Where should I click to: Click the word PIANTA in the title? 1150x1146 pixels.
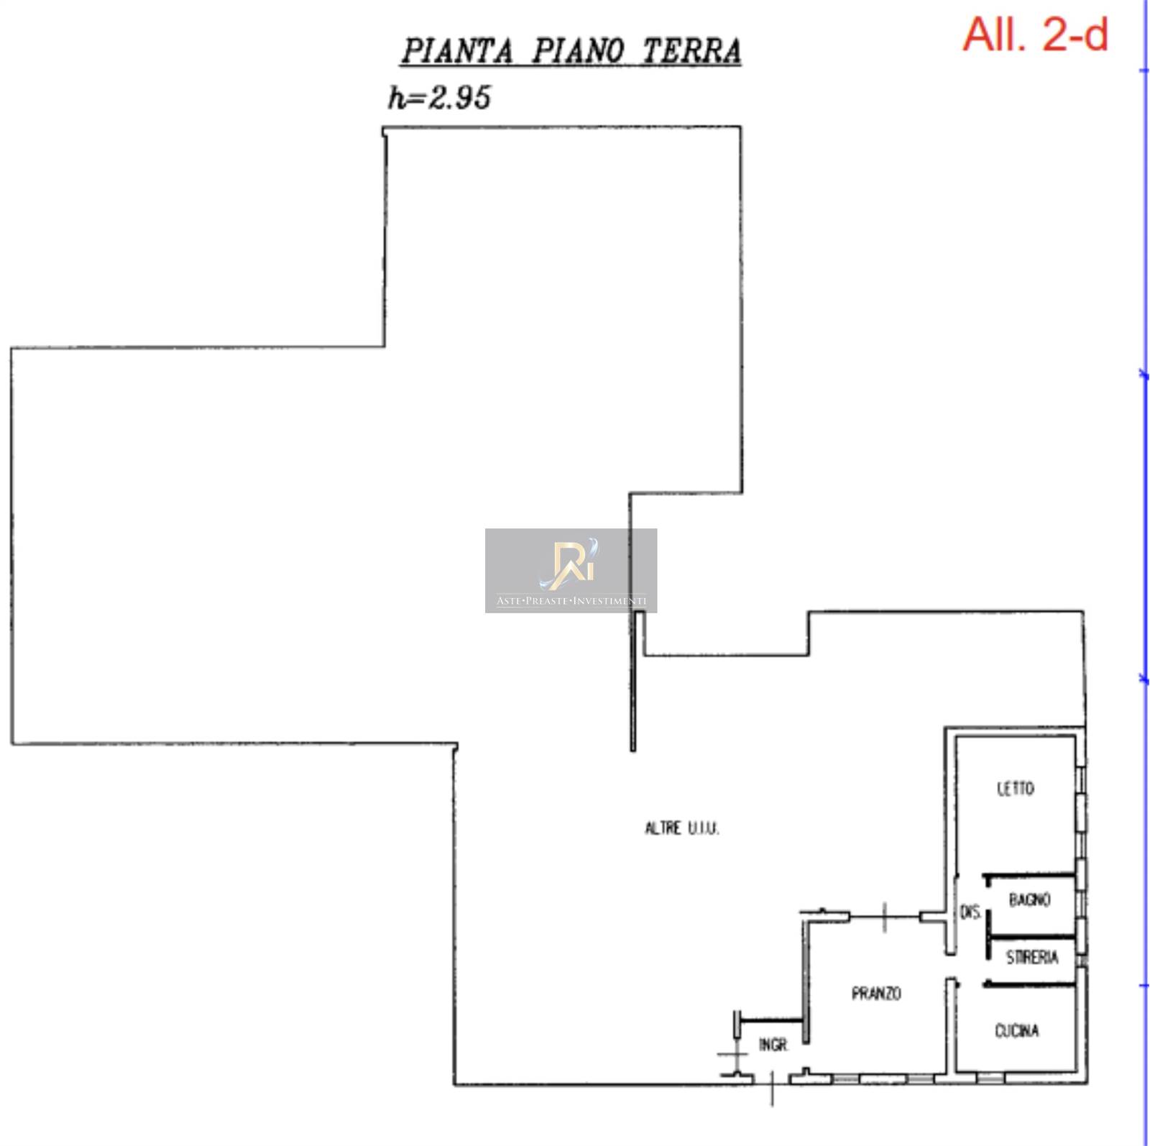[457, 51]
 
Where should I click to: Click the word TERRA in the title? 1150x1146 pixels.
[691, 51]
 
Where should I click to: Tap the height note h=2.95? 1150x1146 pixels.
[439, 97]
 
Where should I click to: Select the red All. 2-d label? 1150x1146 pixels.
[1035, 34]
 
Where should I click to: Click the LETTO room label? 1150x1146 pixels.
[1015, 789]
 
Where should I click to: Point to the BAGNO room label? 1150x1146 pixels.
[1029, 899]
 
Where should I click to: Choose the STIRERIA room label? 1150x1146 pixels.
[1032, 957]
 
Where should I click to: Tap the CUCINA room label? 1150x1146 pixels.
[1016, 1031]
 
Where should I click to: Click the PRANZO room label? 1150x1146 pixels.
[875, 994]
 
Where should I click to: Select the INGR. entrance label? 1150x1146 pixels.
[773, 1045]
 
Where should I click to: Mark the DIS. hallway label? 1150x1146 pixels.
[970, 912]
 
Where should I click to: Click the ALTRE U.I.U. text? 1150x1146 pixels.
[681, 828]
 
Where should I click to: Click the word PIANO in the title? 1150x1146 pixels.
[577, 51]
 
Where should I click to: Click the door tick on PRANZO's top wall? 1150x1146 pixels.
[885, 916]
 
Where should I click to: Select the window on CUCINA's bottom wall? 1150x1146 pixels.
[990, 1078]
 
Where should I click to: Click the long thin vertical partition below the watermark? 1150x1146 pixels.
[632, 683]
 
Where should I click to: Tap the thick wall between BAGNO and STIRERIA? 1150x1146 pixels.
[1032, 936]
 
